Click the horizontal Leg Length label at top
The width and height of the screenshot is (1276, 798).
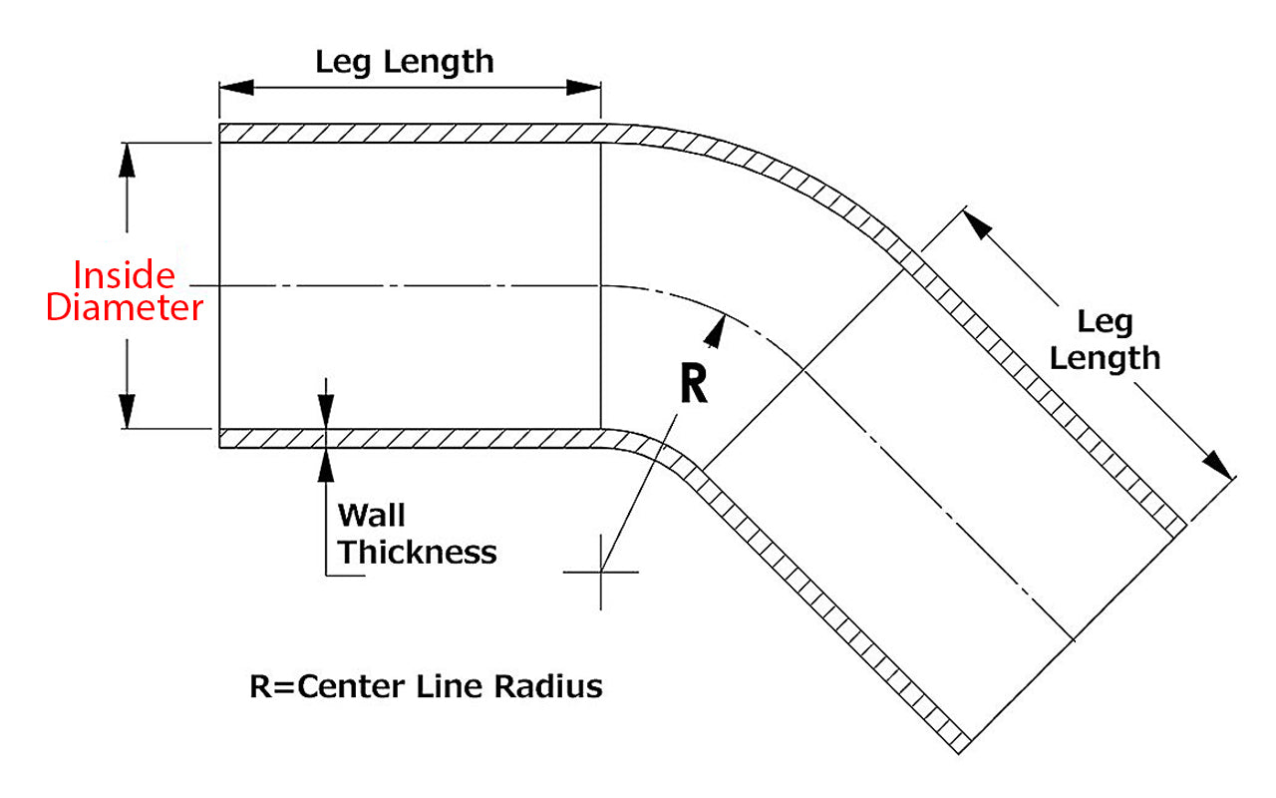[x=404, y=62]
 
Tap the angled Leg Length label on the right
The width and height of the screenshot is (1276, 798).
[x=1106, y=340]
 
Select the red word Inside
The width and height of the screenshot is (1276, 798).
[x=125, y=274]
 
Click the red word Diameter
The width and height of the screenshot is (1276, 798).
[x=125, y=308]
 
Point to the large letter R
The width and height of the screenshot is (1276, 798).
[x=694, y=384]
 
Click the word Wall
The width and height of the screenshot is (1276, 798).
[x=372, y=516]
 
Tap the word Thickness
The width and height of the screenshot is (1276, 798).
[x=418, y=552]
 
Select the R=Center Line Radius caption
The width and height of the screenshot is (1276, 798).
[x=426, y=686]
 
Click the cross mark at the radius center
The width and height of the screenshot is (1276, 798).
[x=601, y=572]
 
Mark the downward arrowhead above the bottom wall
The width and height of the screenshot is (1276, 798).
[x=326, y=411]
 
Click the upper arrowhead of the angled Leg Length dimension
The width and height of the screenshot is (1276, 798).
[x=977, y=223]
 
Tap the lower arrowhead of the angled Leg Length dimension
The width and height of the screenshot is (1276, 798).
[x=1217, y=464]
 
